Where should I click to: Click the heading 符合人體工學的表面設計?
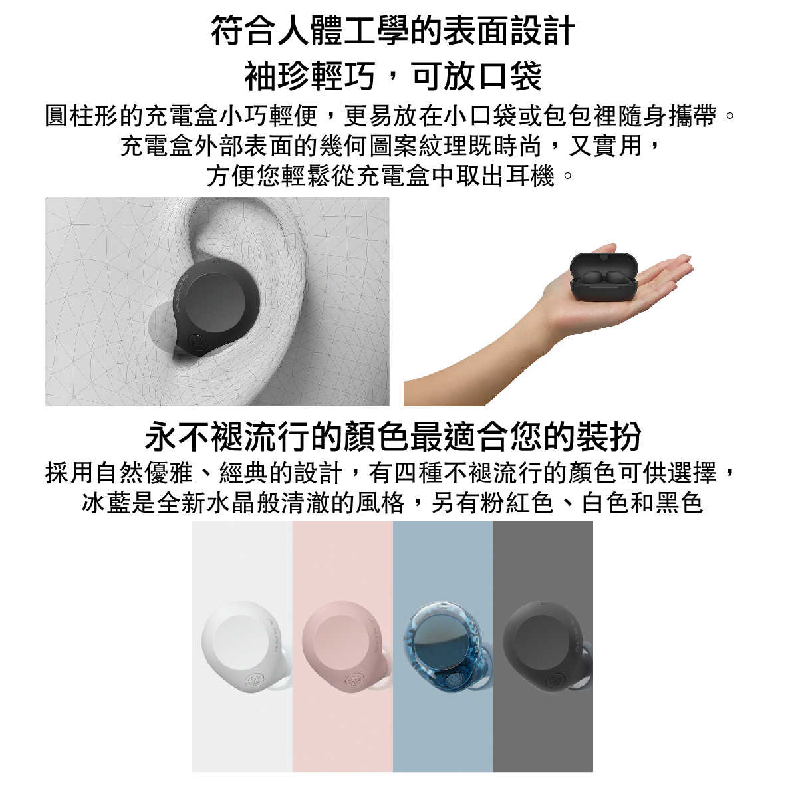pos(393,31)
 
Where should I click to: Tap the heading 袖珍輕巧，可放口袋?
pos(393,76)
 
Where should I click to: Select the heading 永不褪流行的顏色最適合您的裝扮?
pos(393,436)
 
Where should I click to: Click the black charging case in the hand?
pos(604,276)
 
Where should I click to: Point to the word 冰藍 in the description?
pos(106,503)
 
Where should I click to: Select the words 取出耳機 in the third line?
pos(505,176)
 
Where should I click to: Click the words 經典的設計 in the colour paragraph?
pos(281,473)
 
